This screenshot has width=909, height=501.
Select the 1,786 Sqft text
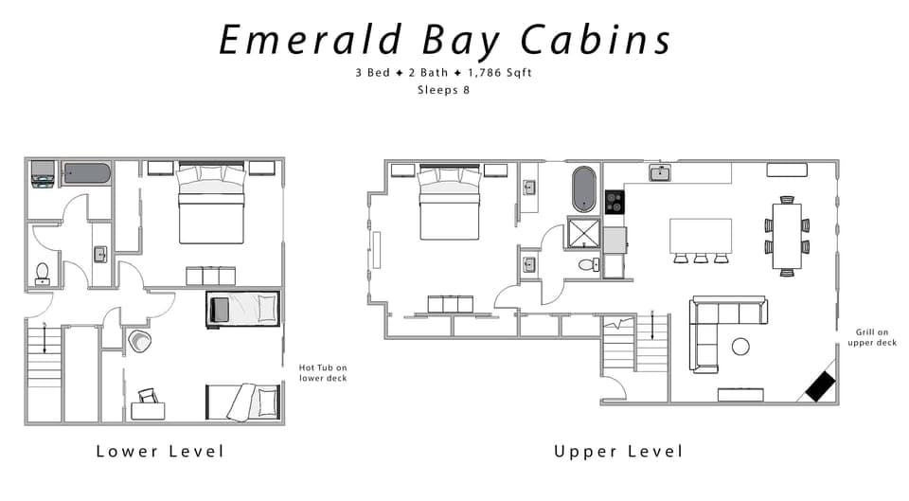pos(490,73)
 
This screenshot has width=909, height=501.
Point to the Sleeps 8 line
pos(443,91)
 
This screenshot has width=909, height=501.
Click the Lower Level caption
pos(160,451)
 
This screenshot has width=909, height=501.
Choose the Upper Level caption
pos(617,451)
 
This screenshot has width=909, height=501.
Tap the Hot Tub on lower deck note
pos(323,373)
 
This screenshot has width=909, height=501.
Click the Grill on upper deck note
pos(877,336)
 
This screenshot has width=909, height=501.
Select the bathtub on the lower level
pos(86,173)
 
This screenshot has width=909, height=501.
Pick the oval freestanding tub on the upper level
pos(583,189)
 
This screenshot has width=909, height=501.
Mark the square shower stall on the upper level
pos(583,232)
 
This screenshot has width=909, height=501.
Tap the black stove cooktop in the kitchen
pos(615,202)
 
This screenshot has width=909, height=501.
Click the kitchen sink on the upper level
pos(660,172)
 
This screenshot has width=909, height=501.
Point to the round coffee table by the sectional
pos(740,347)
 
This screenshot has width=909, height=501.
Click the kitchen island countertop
pos(701,234)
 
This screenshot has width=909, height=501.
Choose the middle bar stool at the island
pos(701,258)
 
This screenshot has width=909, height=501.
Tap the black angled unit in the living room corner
pos(819,385)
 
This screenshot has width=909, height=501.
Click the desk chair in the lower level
pos(148,397)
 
